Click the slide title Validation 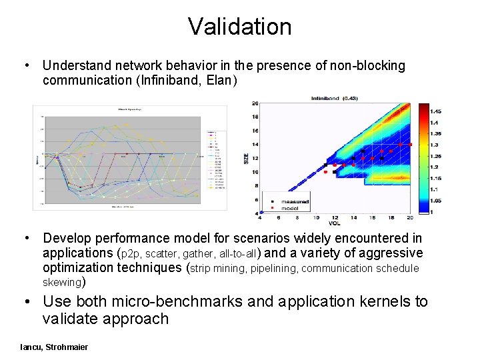point(239,27)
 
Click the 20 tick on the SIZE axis point(255,103)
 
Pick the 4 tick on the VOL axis point(260,218)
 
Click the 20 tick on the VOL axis point(409,218)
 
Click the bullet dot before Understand point(26,66)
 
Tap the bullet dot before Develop point(26,238)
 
